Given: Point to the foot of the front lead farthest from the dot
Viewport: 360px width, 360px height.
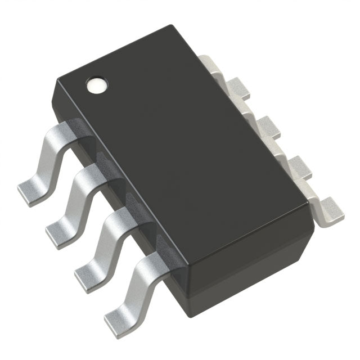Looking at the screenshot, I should pos(119,309).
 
